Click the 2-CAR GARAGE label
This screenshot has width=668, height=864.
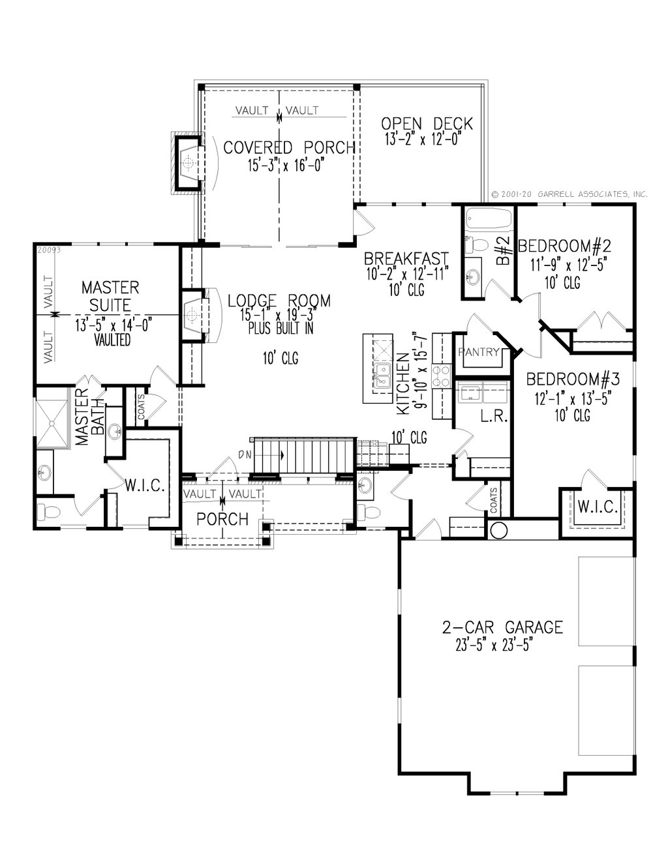(x=502, y=627)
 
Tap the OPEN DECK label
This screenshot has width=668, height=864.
(x=427, y=123)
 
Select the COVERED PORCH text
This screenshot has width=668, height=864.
(x=289, y=147)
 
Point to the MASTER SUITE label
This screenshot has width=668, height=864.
(x=110, y=295)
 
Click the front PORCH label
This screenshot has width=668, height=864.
(x=222, y=519)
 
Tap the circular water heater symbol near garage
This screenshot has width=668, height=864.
(x=499, y=530)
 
